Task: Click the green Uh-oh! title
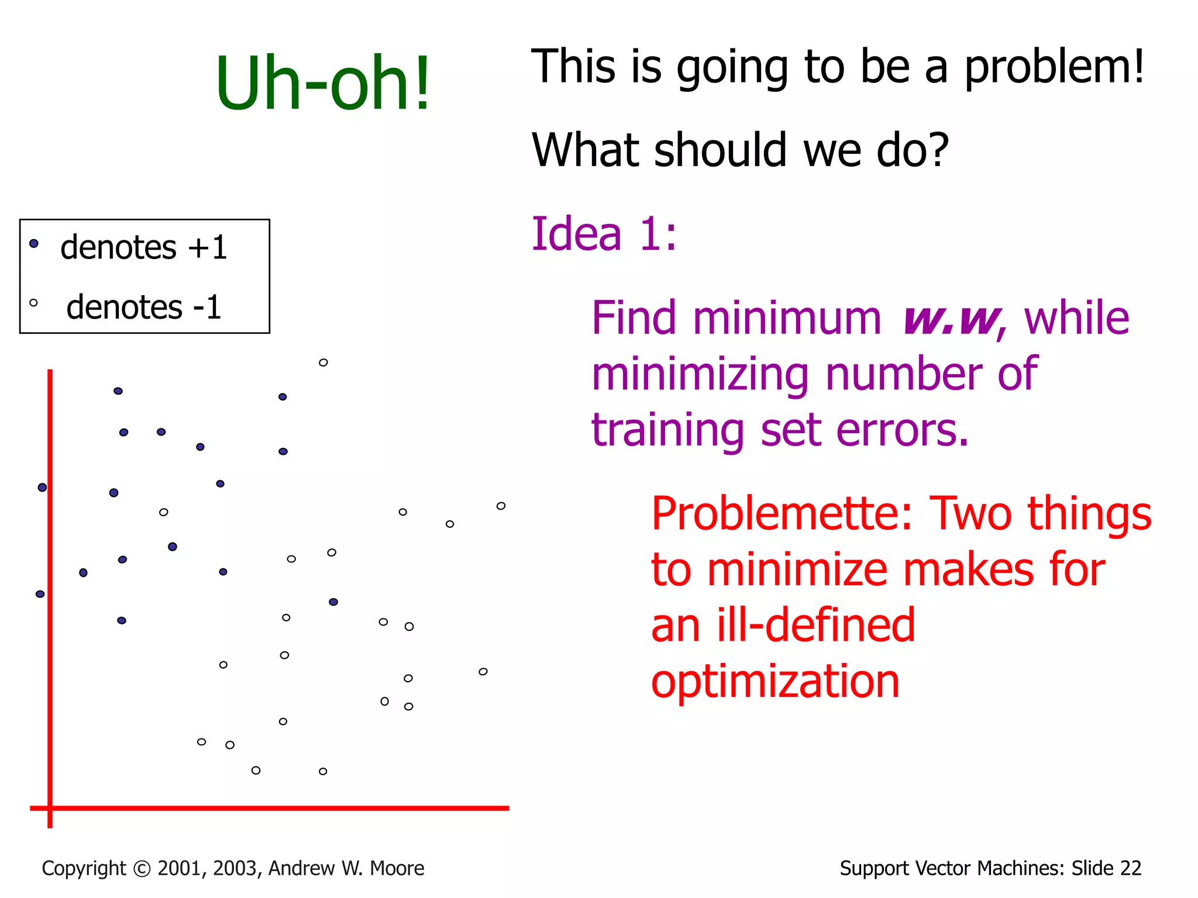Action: tap(323, 83)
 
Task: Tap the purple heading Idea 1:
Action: tap(604, 234)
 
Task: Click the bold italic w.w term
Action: tap(950, 319)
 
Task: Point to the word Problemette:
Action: tap(782, 513)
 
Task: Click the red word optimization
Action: tap(775, 682)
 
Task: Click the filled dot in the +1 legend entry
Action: tap(34, 243)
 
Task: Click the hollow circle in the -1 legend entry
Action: tap(33, 303)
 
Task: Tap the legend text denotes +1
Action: tap(143, 247)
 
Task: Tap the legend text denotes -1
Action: tap(143, 308)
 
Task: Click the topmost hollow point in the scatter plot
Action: tap(323, 362)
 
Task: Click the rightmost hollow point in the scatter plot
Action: tap(501, 506)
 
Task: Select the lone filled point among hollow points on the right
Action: tap(333, 602)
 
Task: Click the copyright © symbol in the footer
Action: tap(142, 869)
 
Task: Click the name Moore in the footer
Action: tap(397, 868)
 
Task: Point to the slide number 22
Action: tap(1130, 868)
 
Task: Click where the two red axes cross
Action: tap(50, 808)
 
